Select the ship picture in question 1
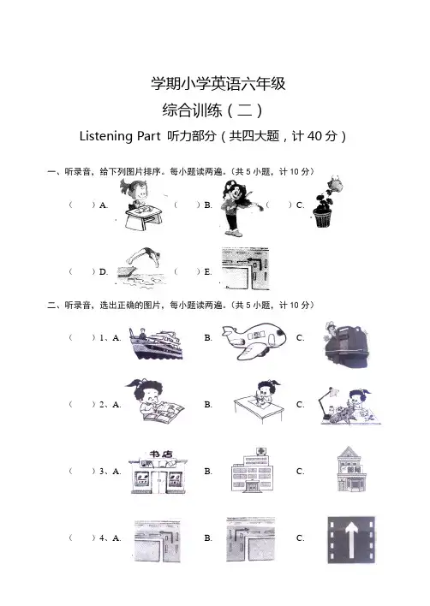[x=156, y=343]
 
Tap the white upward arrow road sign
[x=351, y=539]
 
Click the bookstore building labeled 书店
[x=158, y=472]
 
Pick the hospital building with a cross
[x=252, y=471]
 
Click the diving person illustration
[x=141, y=266]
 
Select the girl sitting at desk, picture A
[x=141, y=205]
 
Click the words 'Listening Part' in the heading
[x=120, y=136]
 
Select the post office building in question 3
[x=350, y=469]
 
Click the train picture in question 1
[x=346, y=344]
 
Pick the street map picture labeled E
[x=245, y=269]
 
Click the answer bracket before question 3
[x=82, y=471]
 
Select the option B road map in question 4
[x=251, y=539]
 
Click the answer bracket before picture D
[x=82, y=271]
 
